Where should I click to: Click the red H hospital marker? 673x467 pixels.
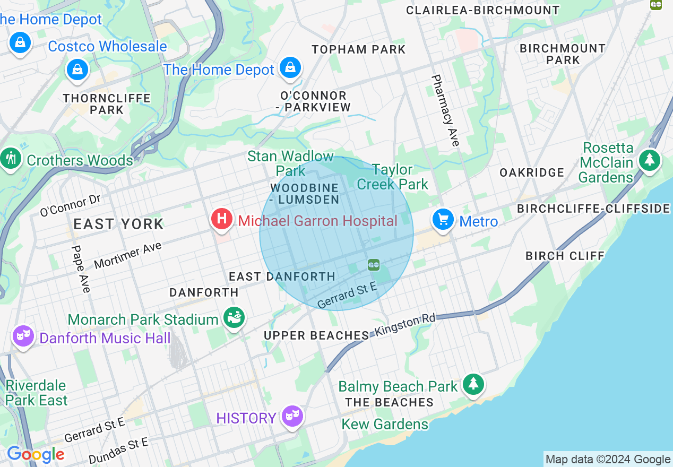pos(222,219)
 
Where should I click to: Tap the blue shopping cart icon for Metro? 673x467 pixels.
pos(443,219)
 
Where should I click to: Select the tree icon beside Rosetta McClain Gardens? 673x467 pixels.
pos(649,160)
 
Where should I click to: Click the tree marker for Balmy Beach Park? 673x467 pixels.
pos(473,384)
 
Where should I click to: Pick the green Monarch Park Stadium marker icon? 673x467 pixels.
pos(234,318)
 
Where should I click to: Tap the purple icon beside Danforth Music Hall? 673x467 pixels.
pos(24,336)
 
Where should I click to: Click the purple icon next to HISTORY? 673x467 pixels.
pos(292,416)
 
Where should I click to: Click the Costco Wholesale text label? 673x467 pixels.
pos(107,47)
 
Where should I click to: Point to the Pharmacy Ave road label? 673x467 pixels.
pos(445,110)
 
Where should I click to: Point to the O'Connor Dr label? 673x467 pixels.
pos(70,206)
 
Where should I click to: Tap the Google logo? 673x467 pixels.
pos(36,454)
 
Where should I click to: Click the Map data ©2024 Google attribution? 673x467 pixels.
pos(608,460)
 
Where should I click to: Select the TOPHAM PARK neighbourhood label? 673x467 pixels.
pos(359,50)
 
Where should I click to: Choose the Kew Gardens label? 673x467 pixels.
pos(385,425)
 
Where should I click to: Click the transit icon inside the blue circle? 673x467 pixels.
pos(374,264)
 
